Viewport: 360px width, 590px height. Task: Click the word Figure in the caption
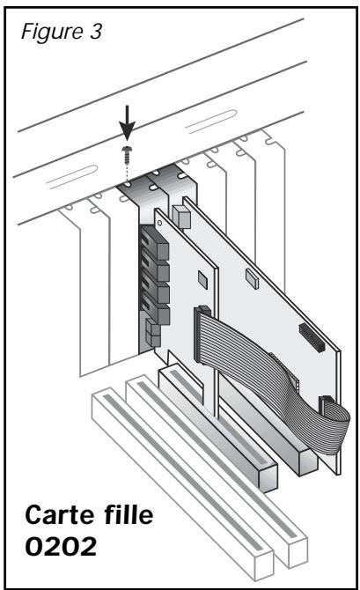click(52, 33)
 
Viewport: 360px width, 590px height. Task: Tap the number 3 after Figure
click(96, 31)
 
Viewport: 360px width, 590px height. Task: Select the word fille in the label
click(129, 514)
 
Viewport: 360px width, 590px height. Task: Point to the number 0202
click(61, 546)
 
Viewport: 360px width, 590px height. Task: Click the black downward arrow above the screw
click(127, 122)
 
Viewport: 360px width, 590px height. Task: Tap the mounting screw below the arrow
click(127, 153)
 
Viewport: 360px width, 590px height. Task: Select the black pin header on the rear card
click(312, 337)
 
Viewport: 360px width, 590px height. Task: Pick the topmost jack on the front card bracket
click(155, 244)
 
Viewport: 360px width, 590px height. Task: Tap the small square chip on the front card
click(202, 280)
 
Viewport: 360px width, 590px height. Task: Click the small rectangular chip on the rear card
click(253, 279)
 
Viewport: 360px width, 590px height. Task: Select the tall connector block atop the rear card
click(181, 217)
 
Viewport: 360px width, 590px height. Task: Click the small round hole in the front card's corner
click(160, 223)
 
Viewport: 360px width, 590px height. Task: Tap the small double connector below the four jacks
click(153, 333)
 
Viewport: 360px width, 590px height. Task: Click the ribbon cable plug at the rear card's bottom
click(326, 405)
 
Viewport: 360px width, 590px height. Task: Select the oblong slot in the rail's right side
click(212, 122)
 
